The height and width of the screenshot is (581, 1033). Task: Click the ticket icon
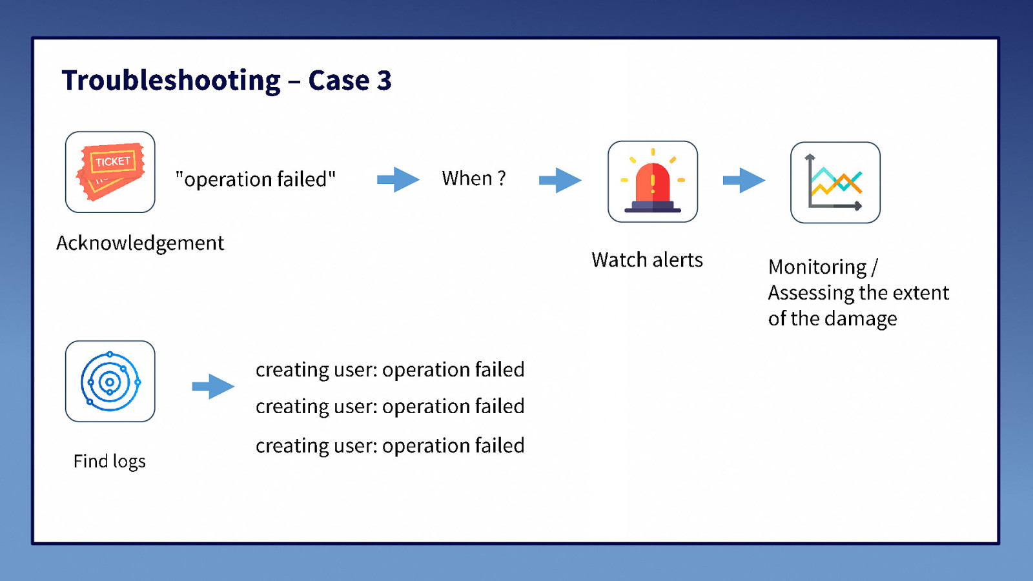110,172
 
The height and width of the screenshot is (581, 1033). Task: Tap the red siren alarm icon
652,181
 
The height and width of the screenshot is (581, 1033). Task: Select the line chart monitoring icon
835,183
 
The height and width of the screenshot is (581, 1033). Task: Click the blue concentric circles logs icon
110,382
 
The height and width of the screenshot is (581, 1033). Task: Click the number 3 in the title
384,81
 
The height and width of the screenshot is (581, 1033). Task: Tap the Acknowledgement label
140,243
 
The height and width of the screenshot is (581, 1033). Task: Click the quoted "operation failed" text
256,179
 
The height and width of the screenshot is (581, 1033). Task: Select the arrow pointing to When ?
398,179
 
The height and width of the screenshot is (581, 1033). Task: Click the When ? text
473,178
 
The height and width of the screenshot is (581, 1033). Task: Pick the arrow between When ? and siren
560,180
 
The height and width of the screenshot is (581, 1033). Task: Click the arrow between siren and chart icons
744,180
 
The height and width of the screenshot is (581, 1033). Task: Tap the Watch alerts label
647,260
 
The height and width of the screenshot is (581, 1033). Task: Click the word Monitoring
817,267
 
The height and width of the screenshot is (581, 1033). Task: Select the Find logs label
110,461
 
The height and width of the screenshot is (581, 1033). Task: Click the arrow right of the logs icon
213,387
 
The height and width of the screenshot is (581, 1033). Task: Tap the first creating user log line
390,369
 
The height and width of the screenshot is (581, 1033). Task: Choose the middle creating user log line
390,406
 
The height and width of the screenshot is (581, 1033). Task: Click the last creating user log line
390,445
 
